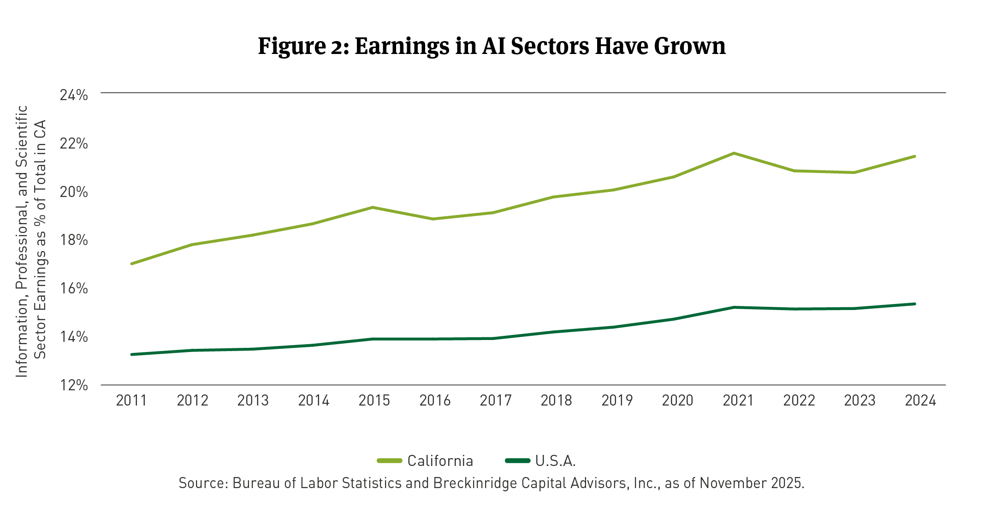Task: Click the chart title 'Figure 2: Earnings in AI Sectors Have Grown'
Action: [492, 46]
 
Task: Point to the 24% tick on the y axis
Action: [74, 95]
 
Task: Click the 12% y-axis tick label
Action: [74, 385]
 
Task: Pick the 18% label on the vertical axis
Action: [74, 240]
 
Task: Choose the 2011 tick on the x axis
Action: [131, 400]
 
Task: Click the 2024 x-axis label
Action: [920, 400]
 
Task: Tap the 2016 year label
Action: [435, 400]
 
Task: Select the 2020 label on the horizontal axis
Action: [677, 400]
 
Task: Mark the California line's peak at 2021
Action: [734, 153]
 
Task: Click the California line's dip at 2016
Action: [433, 219]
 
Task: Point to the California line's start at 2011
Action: [132, 263]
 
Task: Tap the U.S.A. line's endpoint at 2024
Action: [914, 304]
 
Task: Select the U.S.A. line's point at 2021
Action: [734, 307]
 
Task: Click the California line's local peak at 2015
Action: [373, 207]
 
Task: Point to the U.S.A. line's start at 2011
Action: [132, 354]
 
